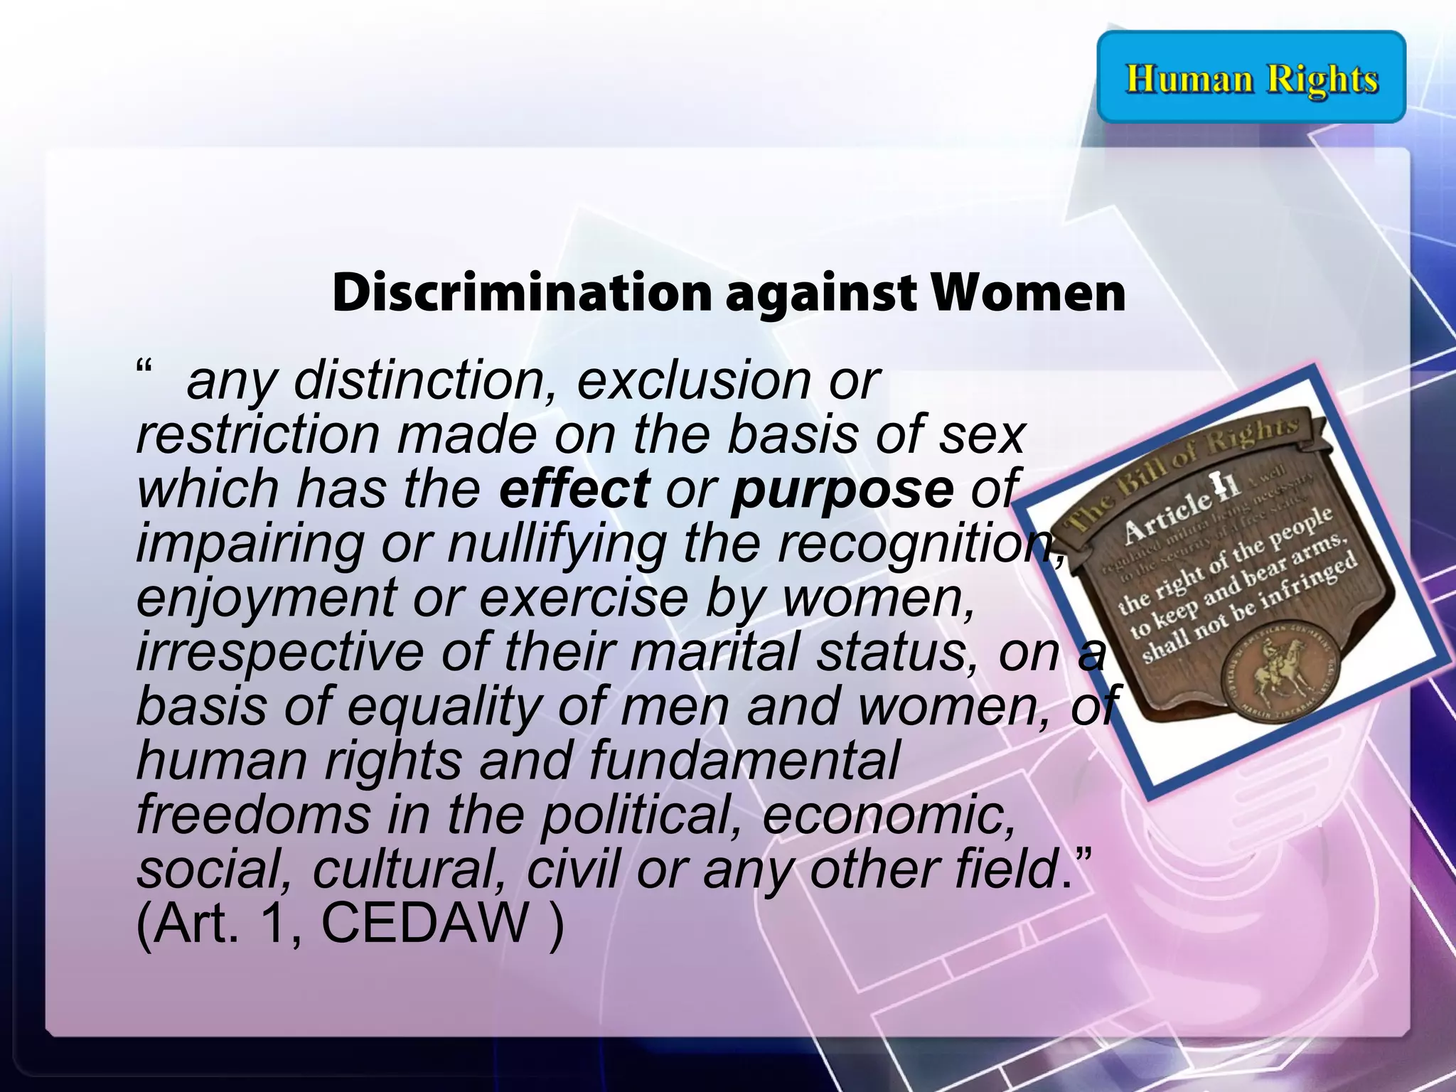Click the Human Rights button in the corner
point(1251,77)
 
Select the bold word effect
point(574,489)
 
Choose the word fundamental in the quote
point(744,760)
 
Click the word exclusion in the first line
point(693,381)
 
